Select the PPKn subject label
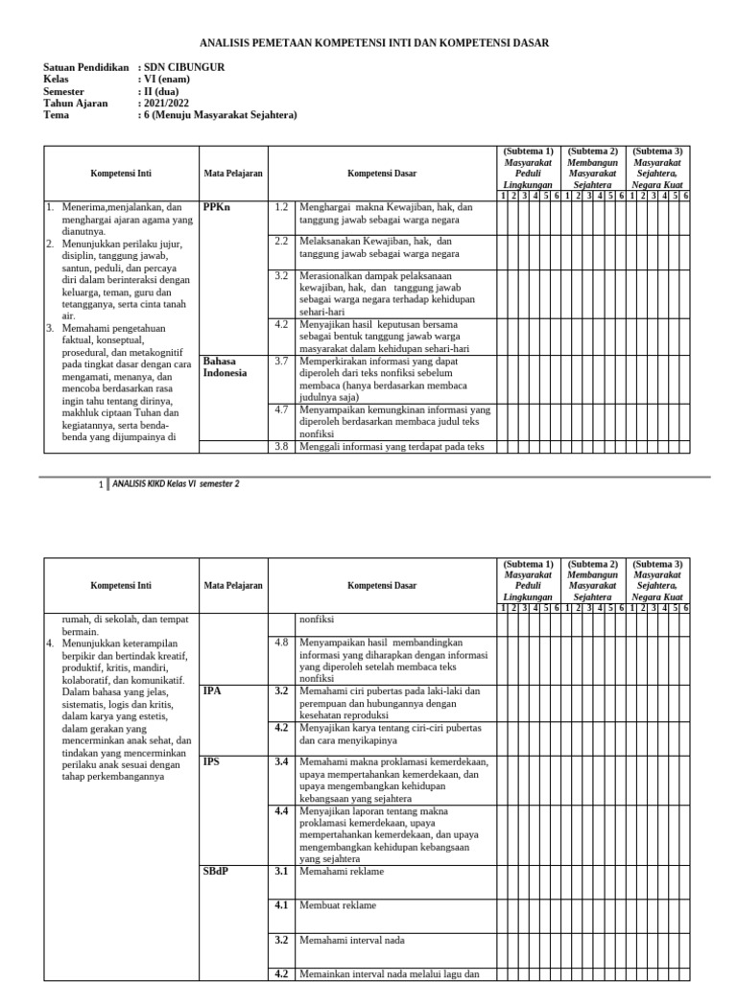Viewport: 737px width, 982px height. pos(217,207)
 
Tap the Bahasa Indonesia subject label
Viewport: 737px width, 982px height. pos(226,366)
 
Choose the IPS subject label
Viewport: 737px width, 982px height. pos(212,761)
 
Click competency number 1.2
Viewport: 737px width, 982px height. pos(281,207)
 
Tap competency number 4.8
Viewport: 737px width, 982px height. pos(281,642)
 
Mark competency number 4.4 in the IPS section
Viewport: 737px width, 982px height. pos(281,810)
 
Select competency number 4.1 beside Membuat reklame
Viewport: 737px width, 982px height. pos(281,905)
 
